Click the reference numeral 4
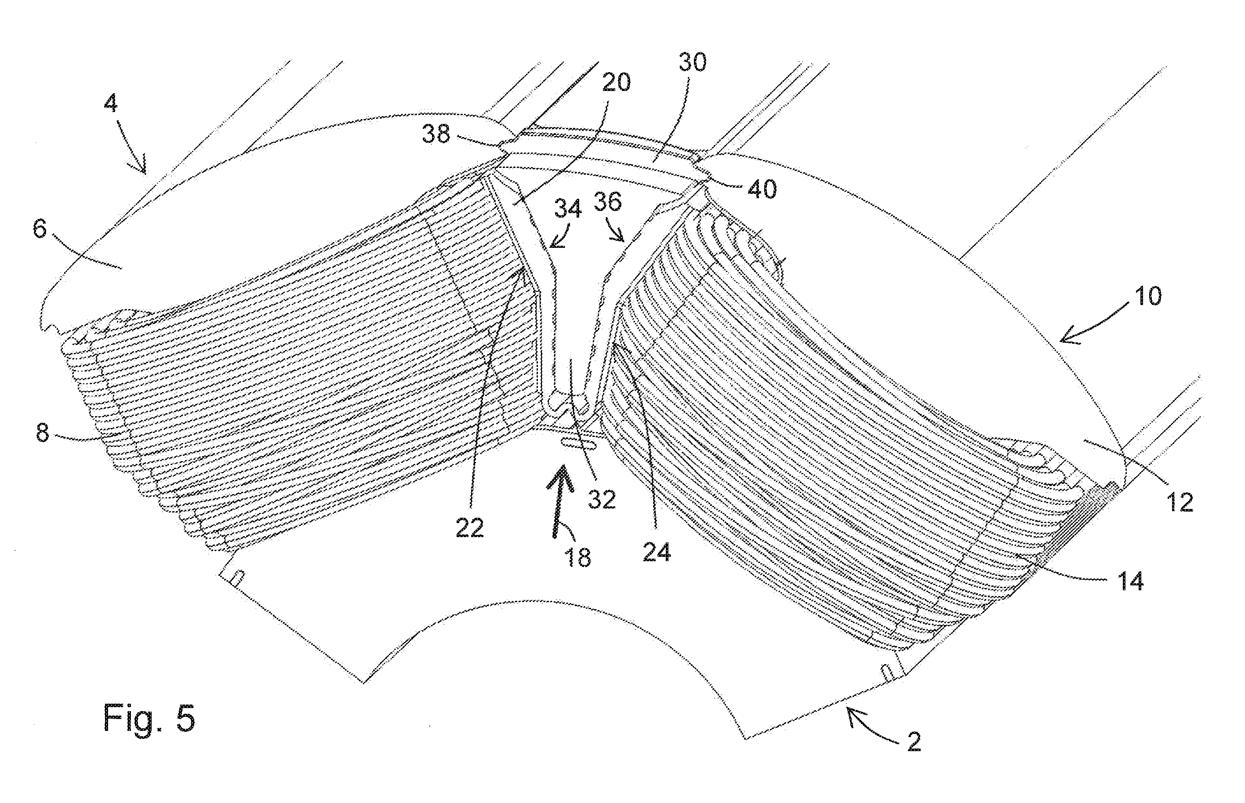point(111,104)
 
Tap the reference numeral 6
point(40,229)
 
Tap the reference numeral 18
point(577,557)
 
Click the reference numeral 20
point(616,82)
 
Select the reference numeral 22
point(470,528)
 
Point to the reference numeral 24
point(657,552)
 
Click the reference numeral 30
point(692,62)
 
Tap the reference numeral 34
point(568,209)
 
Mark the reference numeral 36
point(607,201)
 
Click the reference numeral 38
point(436,134)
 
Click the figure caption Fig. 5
point(149,719)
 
